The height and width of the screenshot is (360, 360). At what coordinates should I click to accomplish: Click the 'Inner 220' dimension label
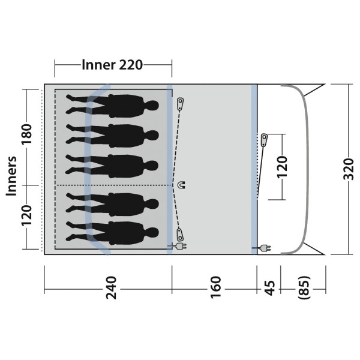pos(112,65)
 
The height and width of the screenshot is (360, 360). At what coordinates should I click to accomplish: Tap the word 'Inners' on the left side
pos(11,176)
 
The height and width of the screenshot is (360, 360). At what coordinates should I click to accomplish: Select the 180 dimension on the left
pos(26,134)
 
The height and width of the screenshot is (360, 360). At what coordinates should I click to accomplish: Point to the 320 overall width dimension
pos(349,169)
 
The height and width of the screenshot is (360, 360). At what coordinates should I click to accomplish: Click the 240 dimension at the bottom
pos(112,287)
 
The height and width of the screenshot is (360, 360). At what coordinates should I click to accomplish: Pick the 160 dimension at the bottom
pos(216,287)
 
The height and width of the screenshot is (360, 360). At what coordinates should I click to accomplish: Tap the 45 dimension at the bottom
pos(269,287)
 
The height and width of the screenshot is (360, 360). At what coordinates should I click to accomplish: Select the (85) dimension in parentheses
pos(304,287)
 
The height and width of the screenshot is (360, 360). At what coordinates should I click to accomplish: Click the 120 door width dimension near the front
pos(282,167)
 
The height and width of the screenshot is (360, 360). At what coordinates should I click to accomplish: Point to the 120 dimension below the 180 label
pos(26,215)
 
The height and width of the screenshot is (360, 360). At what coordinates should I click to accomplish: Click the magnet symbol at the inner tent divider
pos(182,185)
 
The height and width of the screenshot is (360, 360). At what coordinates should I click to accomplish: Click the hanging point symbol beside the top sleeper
pos(181,104)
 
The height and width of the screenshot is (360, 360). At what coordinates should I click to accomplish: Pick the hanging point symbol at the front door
pos(264,140)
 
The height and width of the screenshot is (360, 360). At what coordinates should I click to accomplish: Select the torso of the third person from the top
pos(126,166)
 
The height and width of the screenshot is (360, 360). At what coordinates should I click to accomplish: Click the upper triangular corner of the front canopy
pos(314,90)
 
